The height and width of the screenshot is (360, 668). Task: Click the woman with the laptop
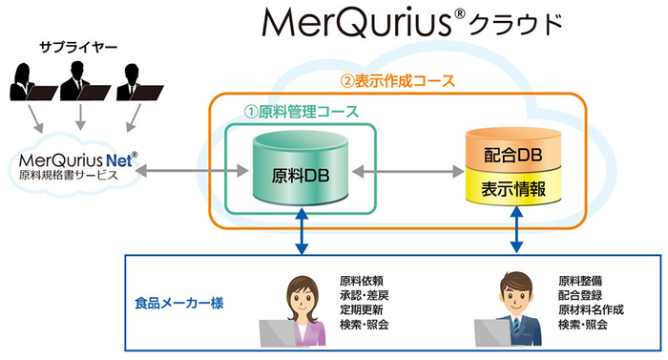(x=300, y=310)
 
